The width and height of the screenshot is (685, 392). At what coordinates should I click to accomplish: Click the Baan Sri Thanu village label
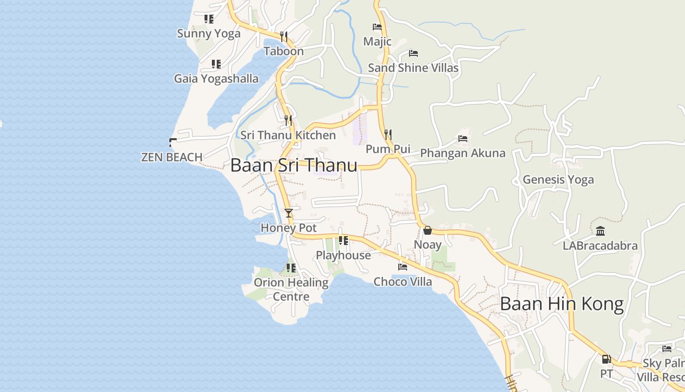click(294, 165)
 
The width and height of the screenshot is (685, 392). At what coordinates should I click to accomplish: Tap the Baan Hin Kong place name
click(562, 304)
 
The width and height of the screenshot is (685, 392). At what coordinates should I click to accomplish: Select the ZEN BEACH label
click(172, 157)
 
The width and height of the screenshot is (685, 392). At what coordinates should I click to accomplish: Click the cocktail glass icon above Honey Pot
click(289, 213)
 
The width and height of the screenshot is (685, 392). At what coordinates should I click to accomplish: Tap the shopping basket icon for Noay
click(428, 230)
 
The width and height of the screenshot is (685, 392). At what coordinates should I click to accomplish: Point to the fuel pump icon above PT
click(606, 359)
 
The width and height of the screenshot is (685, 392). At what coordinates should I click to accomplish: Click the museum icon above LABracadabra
click(600, 231)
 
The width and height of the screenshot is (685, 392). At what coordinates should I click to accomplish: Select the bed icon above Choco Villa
click(403, 267)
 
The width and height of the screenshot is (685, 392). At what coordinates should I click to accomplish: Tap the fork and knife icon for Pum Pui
click(388, 134)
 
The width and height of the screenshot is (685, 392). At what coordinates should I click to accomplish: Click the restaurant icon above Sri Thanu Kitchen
click(288, 120)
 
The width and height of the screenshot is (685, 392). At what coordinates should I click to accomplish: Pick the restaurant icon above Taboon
click(284, 36)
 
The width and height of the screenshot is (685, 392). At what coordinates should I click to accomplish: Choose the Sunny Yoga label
click(209, 34)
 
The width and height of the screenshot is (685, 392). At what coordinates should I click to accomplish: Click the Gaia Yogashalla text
click(216, 78)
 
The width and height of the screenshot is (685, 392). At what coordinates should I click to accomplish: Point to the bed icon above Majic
click(377, 27)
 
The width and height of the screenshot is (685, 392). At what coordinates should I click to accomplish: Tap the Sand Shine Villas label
click(413, 68)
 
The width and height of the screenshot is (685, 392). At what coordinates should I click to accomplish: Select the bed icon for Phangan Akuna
click(463, 139)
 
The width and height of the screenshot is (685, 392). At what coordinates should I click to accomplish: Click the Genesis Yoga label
click(558, 179)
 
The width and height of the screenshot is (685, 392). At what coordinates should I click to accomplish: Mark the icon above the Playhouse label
click(343, 240)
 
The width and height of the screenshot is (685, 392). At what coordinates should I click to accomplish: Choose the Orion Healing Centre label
click(291, 289)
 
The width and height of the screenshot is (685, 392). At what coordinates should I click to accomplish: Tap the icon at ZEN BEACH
click(172, 143)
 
